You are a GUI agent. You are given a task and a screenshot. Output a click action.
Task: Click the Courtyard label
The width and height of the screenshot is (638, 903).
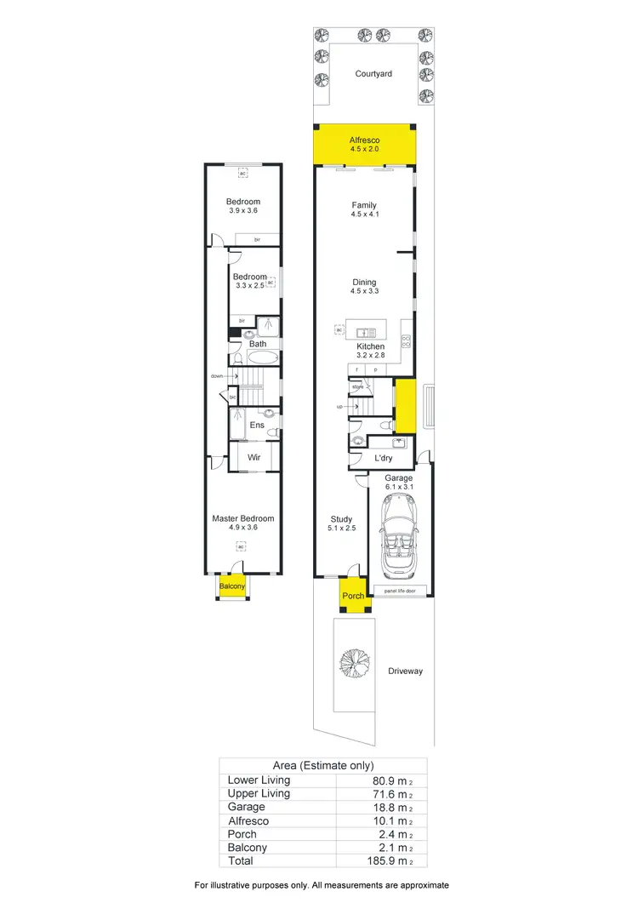tap(373, 74)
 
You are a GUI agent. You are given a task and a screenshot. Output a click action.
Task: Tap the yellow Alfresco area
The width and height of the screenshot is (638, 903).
tap(364, 144)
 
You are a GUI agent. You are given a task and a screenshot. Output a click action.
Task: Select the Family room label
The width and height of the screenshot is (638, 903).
tap(364, 205)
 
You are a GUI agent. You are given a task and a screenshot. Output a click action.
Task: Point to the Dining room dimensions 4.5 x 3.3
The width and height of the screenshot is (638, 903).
tap(364, 292)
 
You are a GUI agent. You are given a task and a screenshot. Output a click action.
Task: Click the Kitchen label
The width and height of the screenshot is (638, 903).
tap(371, 346)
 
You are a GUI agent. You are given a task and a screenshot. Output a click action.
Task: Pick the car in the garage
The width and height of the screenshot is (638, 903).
tap(399, 537)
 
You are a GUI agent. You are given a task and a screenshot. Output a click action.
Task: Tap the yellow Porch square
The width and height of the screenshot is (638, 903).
tap(352, 595)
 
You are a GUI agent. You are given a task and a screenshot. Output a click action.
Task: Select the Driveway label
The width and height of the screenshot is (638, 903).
tap(405, 672)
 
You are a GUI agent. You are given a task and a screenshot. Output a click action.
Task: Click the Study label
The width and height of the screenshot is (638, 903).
tap(341, 519)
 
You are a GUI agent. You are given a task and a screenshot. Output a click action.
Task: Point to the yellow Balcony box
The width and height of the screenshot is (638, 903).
tap(232, 586)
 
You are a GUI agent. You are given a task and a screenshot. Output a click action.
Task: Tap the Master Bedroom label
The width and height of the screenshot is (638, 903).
tap(243, 518)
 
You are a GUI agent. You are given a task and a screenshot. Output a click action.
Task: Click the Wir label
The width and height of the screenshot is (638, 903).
tap(253, 458)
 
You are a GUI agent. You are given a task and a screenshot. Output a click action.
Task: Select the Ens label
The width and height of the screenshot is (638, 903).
tap(256, 425)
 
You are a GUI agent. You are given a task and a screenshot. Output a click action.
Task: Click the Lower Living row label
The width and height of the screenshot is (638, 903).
tap(259, 780)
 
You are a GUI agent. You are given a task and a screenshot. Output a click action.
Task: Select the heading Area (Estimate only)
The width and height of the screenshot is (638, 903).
tap(322, 765)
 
